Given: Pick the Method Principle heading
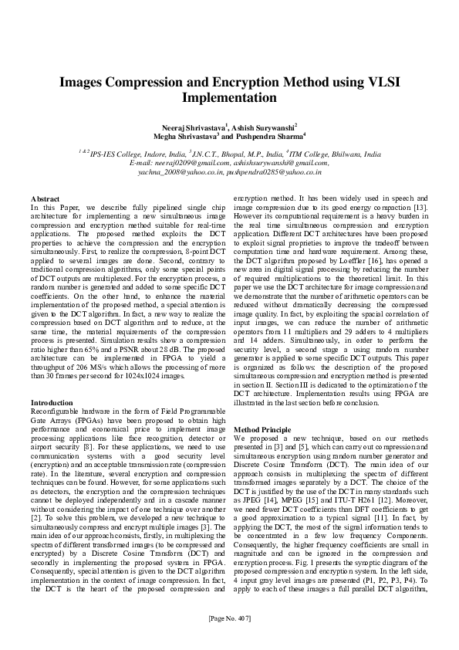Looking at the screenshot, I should coord(265,428).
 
